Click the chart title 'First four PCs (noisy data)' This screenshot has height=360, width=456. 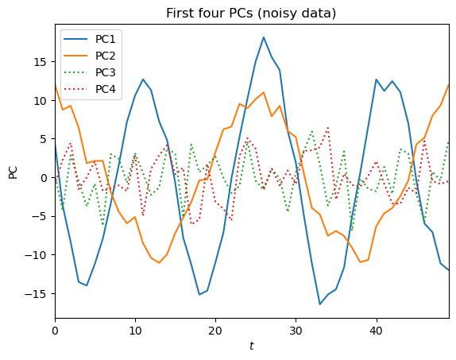[252, 13]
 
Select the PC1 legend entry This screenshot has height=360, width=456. [106, 39]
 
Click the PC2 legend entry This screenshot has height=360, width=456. [106, 56]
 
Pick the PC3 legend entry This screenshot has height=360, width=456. [106, 72]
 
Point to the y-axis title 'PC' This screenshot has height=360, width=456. [13, 171]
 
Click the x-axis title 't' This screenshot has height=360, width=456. [252, 346]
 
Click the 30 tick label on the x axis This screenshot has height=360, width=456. [296, 329]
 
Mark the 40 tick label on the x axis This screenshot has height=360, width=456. [376, 329]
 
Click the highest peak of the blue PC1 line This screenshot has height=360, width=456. [264, 37]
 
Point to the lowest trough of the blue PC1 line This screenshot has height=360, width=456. [320, 304]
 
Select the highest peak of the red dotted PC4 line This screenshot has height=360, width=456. [327, 127]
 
